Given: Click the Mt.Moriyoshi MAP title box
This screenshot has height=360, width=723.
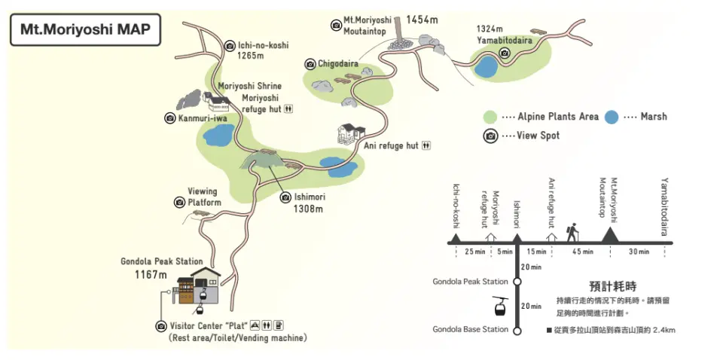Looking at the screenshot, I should (x=86, y=29).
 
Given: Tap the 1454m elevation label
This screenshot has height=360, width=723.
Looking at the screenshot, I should (x=422, y=19).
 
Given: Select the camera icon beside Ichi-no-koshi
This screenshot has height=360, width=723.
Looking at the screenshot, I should (x=230, y=46).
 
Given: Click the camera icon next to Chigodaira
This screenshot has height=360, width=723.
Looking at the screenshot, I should (x=310, y=64).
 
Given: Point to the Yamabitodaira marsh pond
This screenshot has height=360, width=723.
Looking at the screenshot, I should (x=487, y=67).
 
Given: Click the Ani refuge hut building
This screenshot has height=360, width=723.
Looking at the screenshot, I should (x=351, y=136).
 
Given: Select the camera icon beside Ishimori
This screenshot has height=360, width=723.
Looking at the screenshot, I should (x=285, y=197).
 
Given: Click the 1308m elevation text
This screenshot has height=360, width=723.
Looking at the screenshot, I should (x=308, y=209).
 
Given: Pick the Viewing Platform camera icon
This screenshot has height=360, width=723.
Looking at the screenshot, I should (x=179, y=202).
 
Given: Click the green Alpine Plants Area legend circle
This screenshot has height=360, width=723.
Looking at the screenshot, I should (x=490, y=117).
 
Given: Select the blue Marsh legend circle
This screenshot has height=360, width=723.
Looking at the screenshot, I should (x=612, y=117).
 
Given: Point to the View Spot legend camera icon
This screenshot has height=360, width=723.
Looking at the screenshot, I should (x=491, y=136).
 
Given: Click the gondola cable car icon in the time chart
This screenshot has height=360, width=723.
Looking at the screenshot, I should (x=499, y=306).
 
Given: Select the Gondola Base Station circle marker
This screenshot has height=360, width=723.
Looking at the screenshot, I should (x=517, y=329).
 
